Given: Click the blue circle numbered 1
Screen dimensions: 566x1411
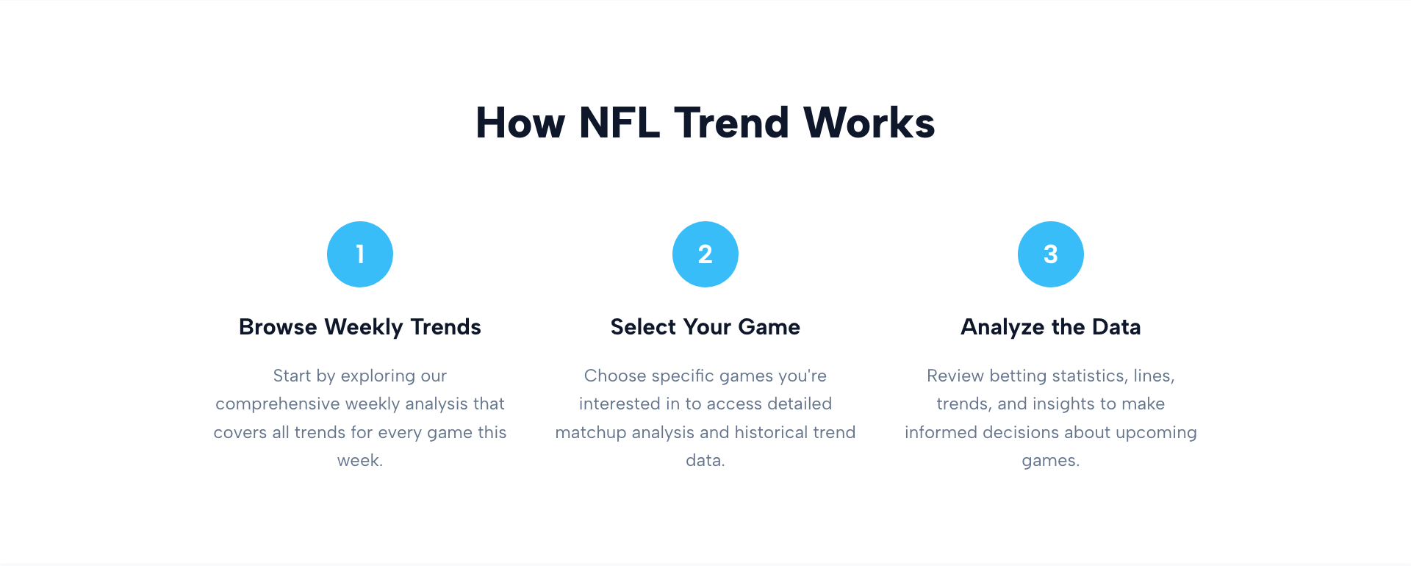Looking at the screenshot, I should pyautogui.click(x=360, y=254).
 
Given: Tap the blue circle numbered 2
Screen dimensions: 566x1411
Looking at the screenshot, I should pyautogui.click(x=705, y=254).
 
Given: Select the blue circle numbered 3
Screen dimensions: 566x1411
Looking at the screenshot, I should pyautogui.click(x=1051, y=254).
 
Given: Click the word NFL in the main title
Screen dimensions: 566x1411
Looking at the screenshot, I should pyautogui.click(x=619, y=123).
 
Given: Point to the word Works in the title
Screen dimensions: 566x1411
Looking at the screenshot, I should pyautogui.click(x=869, y=123).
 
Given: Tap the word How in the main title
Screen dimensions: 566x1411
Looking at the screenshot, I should pyautogui.click(x=520, y=123).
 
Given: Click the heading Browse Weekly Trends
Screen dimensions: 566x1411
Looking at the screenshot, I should pyautogui.click(x=360, y=327).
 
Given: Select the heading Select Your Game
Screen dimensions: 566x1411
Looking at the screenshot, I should pyautogui.click(x=705, y=327).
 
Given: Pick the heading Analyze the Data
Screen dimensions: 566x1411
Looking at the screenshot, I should pyautogui.click(x=1051, y=327).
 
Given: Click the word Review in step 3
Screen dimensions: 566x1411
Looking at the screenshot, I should pyautogui.click(x=955, y=376).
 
